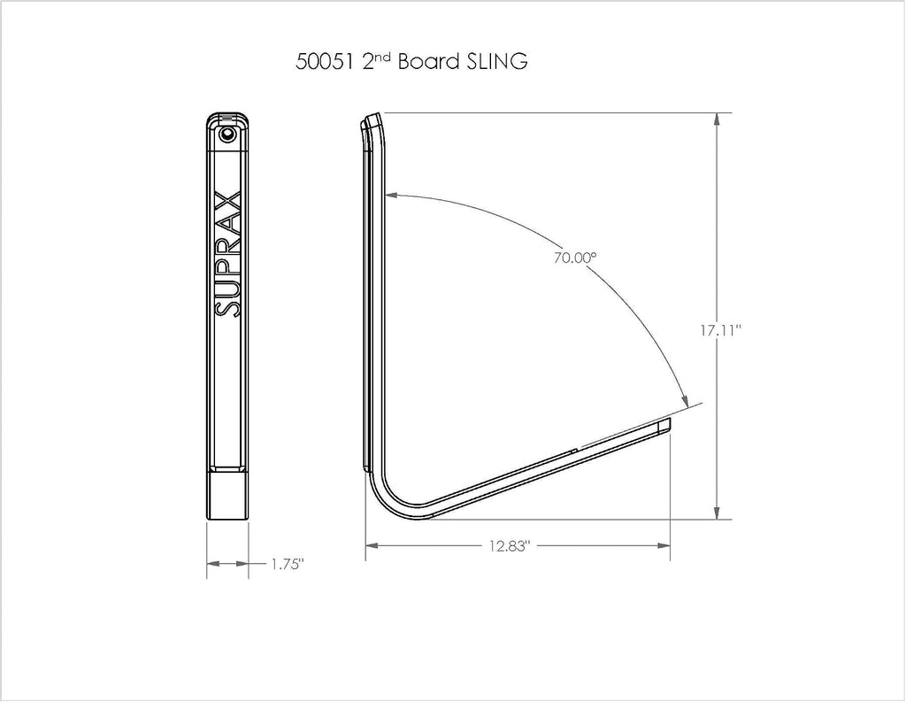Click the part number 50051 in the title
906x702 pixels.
(324, 61)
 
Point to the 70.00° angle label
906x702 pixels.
(574, 258)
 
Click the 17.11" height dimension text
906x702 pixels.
(720, 330)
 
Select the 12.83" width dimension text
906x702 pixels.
(509, 546)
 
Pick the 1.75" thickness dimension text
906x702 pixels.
(288, 565)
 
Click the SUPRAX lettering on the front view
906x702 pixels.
(227, 252)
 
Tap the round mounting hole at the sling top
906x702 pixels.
(227, 135)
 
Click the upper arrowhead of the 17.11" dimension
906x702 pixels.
(717, 120)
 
